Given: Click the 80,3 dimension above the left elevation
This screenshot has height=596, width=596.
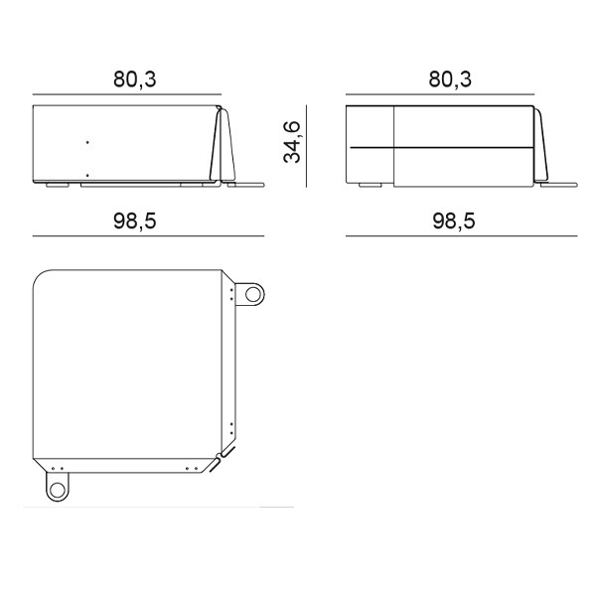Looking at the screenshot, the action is [135, 79].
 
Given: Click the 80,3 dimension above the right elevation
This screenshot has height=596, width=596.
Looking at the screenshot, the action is [450, 79].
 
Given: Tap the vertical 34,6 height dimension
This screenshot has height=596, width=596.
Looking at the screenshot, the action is [292, 142].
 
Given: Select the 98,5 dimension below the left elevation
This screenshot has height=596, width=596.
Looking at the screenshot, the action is [135, 221].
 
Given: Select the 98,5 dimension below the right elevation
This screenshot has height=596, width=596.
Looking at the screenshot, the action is [454, 221].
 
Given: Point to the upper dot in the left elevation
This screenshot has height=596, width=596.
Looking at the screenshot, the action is [87, 142].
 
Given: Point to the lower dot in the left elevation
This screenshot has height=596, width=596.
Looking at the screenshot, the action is [87, 176].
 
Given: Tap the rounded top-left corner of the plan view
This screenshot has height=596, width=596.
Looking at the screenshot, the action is [39, 276].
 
